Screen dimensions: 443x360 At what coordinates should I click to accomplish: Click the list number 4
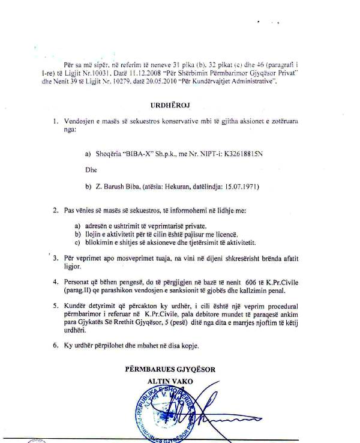(x=55, y=282)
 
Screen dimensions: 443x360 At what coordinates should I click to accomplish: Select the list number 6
(x=55, y=346)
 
